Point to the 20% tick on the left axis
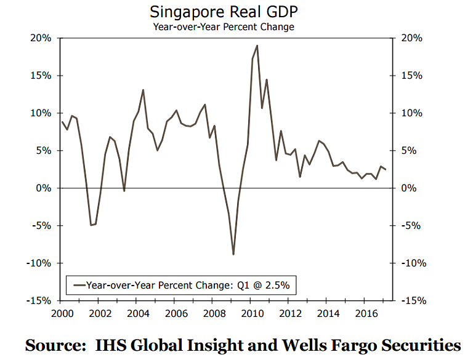point(42,38)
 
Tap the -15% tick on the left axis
point(41,301)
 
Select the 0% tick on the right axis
point(408,188)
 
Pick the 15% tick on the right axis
point(410,76)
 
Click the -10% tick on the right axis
point(412,263)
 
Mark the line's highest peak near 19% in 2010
point(257,46)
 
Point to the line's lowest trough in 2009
point(233,254)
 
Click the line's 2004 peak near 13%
point(143,90)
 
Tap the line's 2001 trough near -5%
point(91,225)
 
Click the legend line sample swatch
point(78,286)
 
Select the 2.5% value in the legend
point(278,286)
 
